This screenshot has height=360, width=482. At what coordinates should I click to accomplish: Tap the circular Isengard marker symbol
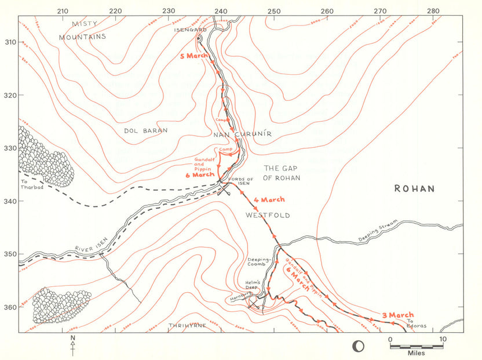(199, 39)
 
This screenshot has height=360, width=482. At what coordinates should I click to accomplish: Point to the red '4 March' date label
(269, 200)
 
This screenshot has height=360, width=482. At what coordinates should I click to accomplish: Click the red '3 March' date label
(397, 315)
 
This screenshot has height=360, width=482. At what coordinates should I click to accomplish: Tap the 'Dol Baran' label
(146, 131)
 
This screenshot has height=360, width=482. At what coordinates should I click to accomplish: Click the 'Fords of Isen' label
(241, 181)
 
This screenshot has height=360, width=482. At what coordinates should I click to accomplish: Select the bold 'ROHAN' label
(414, 188)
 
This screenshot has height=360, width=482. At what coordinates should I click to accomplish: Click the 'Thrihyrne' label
(187, 326)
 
